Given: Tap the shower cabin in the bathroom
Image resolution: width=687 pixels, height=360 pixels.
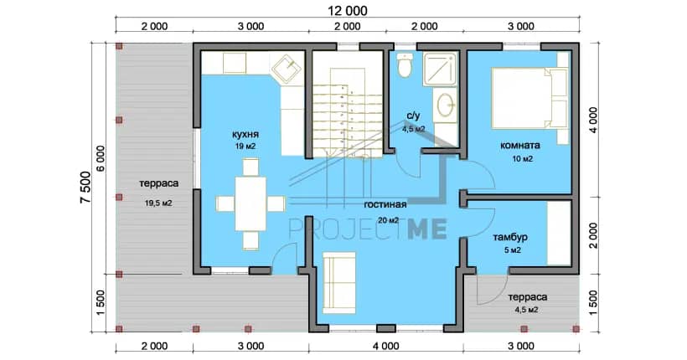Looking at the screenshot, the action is tap(440, 69).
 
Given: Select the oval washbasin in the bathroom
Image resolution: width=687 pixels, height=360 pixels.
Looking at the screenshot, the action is tap(446, 105).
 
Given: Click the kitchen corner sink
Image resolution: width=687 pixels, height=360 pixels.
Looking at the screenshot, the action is tap(287, 69).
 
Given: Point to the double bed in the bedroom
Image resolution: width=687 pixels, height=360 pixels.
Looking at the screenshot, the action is tap(530, 98).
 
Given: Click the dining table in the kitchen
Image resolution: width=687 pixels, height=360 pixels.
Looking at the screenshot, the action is tap(251, 203).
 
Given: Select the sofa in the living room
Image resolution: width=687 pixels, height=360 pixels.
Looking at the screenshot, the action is tap(339, 282).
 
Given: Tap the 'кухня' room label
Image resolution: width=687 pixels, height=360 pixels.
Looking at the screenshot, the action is tap(245, 134).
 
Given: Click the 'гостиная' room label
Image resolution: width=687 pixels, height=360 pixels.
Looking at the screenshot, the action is tap(385, 204).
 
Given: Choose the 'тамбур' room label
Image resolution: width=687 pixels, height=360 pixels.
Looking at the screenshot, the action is tap(510, 238).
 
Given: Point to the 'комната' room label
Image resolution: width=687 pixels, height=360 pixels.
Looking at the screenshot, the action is tap(520, 146).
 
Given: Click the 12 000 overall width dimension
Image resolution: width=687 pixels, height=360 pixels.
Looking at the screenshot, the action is tap(348, 11).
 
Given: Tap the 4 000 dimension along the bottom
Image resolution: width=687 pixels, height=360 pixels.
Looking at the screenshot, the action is tap(386, 346).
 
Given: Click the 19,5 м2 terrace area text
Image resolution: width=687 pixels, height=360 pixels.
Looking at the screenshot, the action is tap(158, 203).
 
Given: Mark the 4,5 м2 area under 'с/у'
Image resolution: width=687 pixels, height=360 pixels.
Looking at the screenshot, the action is tap(414, 129).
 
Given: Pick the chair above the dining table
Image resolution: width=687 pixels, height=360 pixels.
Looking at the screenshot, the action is tap(251, 167).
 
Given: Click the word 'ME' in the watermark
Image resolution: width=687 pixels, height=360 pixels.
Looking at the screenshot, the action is tap(427, 229).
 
